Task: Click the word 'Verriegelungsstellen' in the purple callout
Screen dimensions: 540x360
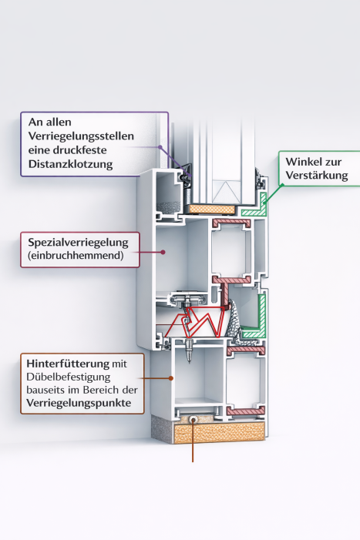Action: [82, 136]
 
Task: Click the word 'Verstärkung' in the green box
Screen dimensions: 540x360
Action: [315, 176]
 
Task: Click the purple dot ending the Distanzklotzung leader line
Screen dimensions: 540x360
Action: [160, 148]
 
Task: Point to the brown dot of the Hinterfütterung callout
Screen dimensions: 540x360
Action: [171, 377]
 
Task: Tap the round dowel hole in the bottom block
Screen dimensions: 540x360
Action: [192, 421]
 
